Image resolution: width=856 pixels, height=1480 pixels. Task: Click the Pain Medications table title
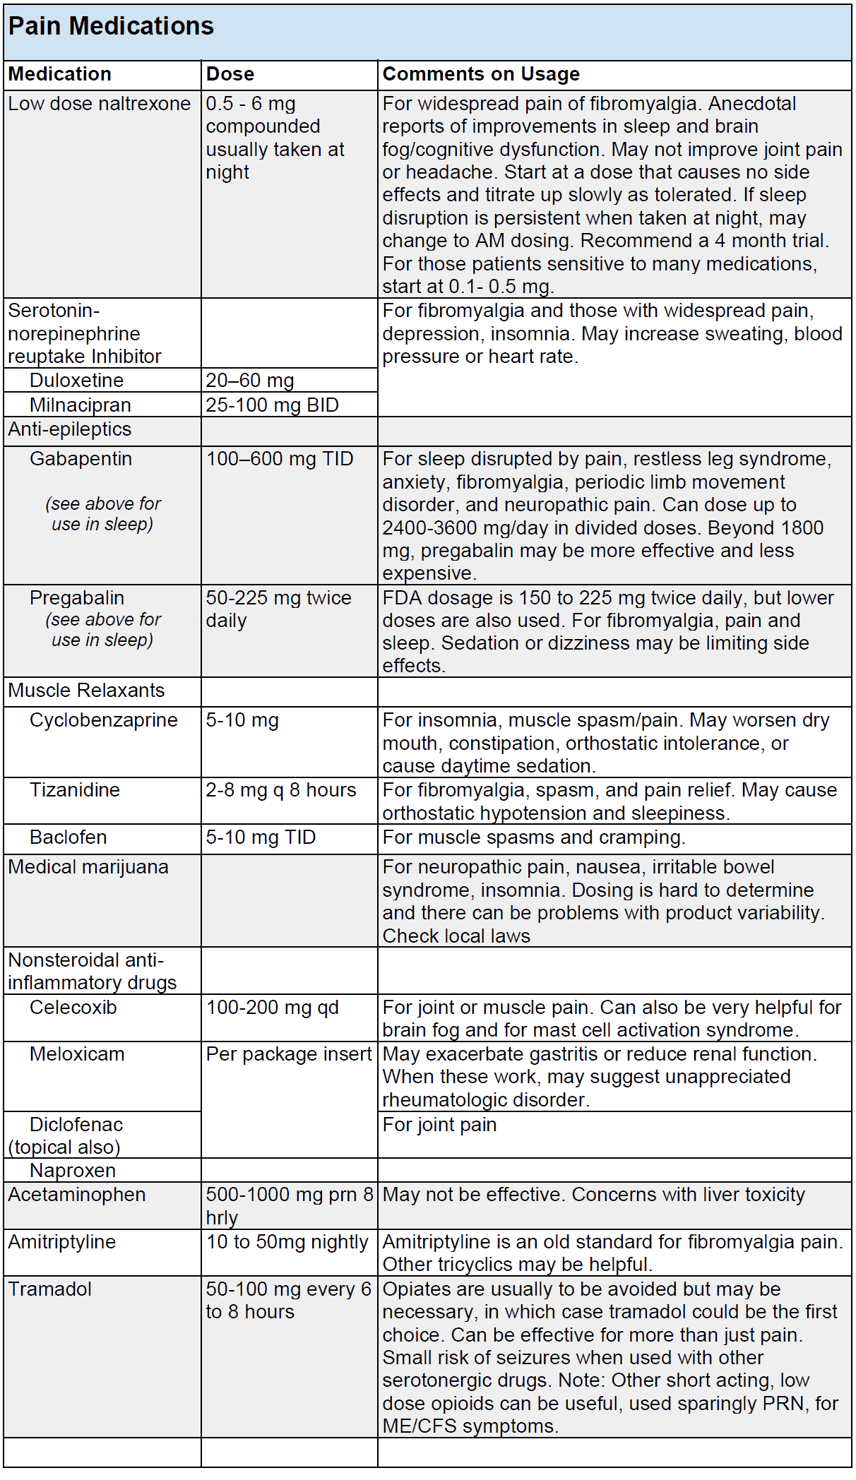[x=111, y=27]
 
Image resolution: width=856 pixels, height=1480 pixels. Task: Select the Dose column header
[x=230, y=74]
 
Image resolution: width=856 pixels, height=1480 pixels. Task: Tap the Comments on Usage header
[x=481, y=74]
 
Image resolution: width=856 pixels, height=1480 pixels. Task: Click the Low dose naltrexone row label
[x=100, y=104]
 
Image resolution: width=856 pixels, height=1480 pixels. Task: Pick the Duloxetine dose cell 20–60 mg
[x=249, y=381]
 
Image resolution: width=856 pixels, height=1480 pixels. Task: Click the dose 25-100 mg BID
[x=272, y=405]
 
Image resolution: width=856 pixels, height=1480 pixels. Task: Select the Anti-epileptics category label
[x=70, y=429]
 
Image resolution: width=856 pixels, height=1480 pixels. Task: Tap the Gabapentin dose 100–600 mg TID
[x=279, y=459]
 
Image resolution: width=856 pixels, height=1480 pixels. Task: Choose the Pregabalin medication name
[x=76, y=598]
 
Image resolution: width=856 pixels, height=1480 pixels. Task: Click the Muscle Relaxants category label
[x=86, y=691]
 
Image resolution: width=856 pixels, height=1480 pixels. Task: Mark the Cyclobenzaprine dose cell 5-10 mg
[x=242, y=720]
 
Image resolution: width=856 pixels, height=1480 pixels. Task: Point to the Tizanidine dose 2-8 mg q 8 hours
[x=280, y=790]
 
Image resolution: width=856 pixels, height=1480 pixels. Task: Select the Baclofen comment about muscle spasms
[x=533, y=837]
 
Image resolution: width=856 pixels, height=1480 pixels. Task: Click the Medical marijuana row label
[x=88, y=867]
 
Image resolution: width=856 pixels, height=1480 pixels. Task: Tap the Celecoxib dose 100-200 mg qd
[x=272, y=1008]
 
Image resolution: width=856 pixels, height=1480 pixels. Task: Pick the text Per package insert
[x=288, y=1054]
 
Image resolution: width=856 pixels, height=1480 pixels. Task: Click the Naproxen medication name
[x=72, y=1171]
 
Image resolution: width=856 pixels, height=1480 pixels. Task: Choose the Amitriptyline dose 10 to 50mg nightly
[x=287, y=1242]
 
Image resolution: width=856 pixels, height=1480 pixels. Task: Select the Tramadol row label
[x=50, y=1289]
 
